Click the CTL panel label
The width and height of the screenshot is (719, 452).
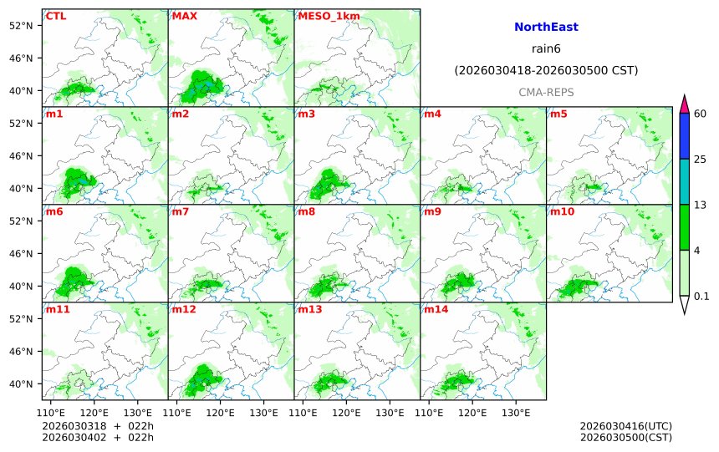click(x=56, y=16)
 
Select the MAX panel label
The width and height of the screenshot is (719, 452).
click(x=184, y=16)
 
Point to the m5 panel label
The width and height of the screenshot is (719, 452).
click(x=558, y=114)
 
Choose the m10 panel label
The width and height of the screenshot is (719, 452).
click(x=561, y=211)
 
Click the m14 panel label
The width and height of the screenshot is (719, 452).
click(x=436, y=309)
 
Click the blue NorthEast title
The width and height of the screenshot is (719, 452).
click(x=546, y=28)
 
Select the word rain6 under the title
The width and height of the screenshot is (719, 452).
click(x=546, y=48)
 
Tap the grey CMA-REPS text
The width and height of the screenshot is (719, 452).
click(x=546, y=92)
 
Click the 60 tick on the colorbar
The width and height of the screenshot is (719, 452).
click(x=701, y=114)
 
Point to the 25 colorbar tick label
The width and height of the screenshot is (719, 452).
click(x=701, y=159)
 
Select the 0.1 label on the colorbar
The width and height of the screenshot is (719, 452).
click(x=701, y=296)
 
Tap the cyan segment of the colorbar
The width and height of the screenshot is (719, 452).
click(x=684, y=181)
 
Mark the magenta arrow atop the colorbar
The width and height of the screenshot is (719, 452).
click(x=684, y=104)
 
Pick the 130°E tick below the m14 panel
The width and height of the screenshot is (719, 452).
click(x=516, y=412)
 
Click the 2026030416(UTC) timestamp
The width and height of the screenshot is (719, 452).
click(x=625, y=426)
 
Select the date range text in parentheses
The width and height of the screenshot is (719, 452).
click(x=546, y=70)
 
